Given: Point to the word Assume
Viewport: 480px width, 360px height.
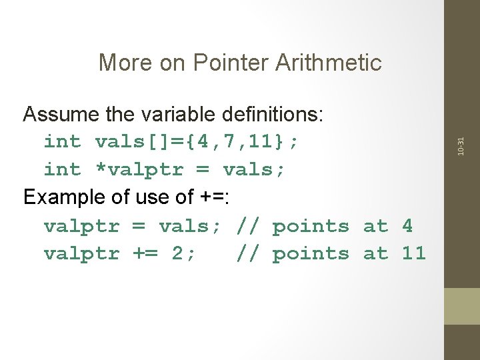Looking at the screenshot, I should point(61,115).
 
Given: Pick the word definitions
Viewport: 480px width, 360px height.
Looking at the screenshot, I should point(275,115).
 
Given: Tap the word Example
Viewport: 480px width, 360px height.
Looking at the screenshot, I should point(63,198).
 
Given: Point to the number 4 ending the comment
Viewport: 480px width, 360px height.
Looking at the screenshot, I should point(407,226).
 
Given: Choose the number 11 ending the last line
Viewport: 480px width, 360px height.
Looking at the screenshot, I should point(413,254).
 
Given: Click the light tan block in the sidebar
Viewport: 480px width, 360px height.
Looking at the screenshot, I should point(462,306).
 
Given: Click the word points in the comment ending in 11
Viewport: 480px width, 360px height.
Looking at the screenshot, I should point(311,254).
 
